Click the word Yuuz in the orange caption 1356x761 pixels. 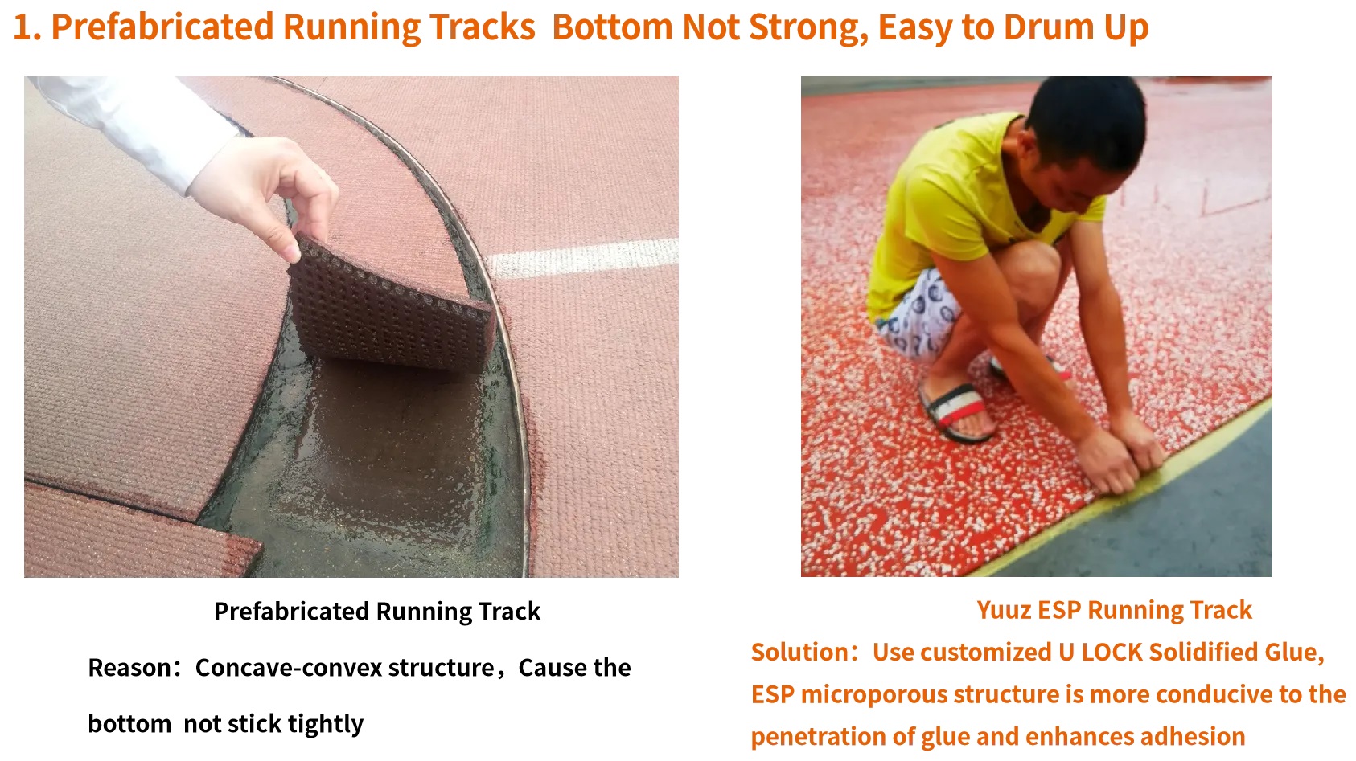click(x=1004, y=610)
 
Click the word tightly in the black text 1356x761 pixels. click(x=325, y=724)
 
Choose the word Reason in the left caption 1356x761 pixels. click(x=129, y=668)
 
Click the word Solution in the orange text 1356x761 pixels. click(x=798, y=652)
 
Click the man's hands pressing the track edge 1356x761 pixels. click(x=1120, y=456)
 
